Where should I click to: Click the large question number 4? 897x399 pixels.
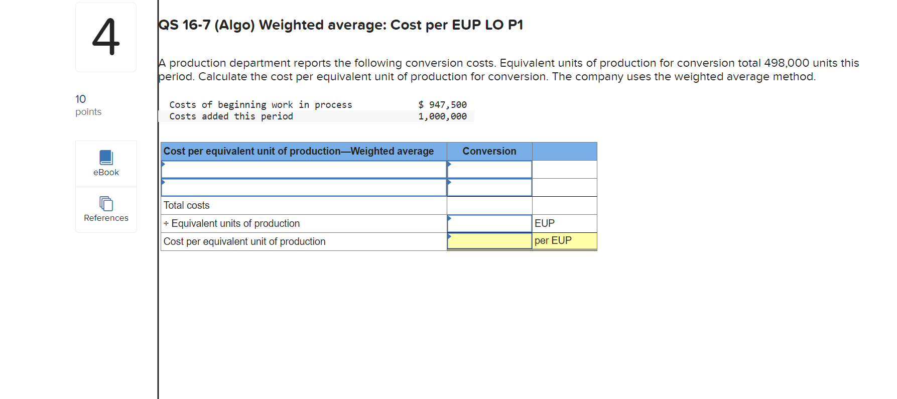coord(106,37)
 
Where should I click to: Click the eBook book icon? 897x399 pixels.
coord(106,158)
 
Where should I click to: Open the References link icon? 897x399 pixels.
coord(106,204)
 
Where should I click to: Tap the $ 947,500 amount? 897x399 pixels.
coord(442,105)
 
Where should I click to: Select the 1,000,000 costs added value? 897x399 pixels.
coord(442,116)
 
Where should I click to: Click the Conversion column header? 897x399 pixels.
coord(489,151)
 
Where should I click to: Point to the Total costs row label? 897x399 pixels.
coord(187,205)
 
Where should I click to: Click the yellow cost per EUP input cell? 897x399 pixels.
coord(489,241)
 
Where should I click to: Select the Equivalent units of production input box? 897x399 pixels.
coord(489,223)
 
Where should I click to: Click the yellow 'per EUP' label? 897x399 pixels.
coord(553,241)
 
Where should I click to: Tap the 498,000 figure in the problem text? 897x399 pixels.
coord(786,63)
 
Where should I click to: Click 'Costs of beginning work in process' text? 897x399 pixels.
coord(261,105)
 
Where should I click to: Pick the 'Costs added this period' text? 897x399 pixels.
coord(231,116)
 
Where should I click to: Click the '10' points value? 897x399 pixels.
coord(81,99)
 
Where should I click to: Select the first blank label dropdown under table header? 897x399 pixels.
coord(304,170)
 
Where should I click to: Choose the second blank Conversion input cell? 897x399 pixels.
coord(489,188)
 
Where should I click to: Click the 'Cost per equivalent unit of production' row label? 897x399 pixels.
coord(244,241)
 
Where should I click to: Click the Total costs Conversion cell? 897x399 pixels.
coord(489,205)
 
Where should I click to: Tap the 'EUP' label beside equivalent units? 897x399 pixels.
coord(545,223)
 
